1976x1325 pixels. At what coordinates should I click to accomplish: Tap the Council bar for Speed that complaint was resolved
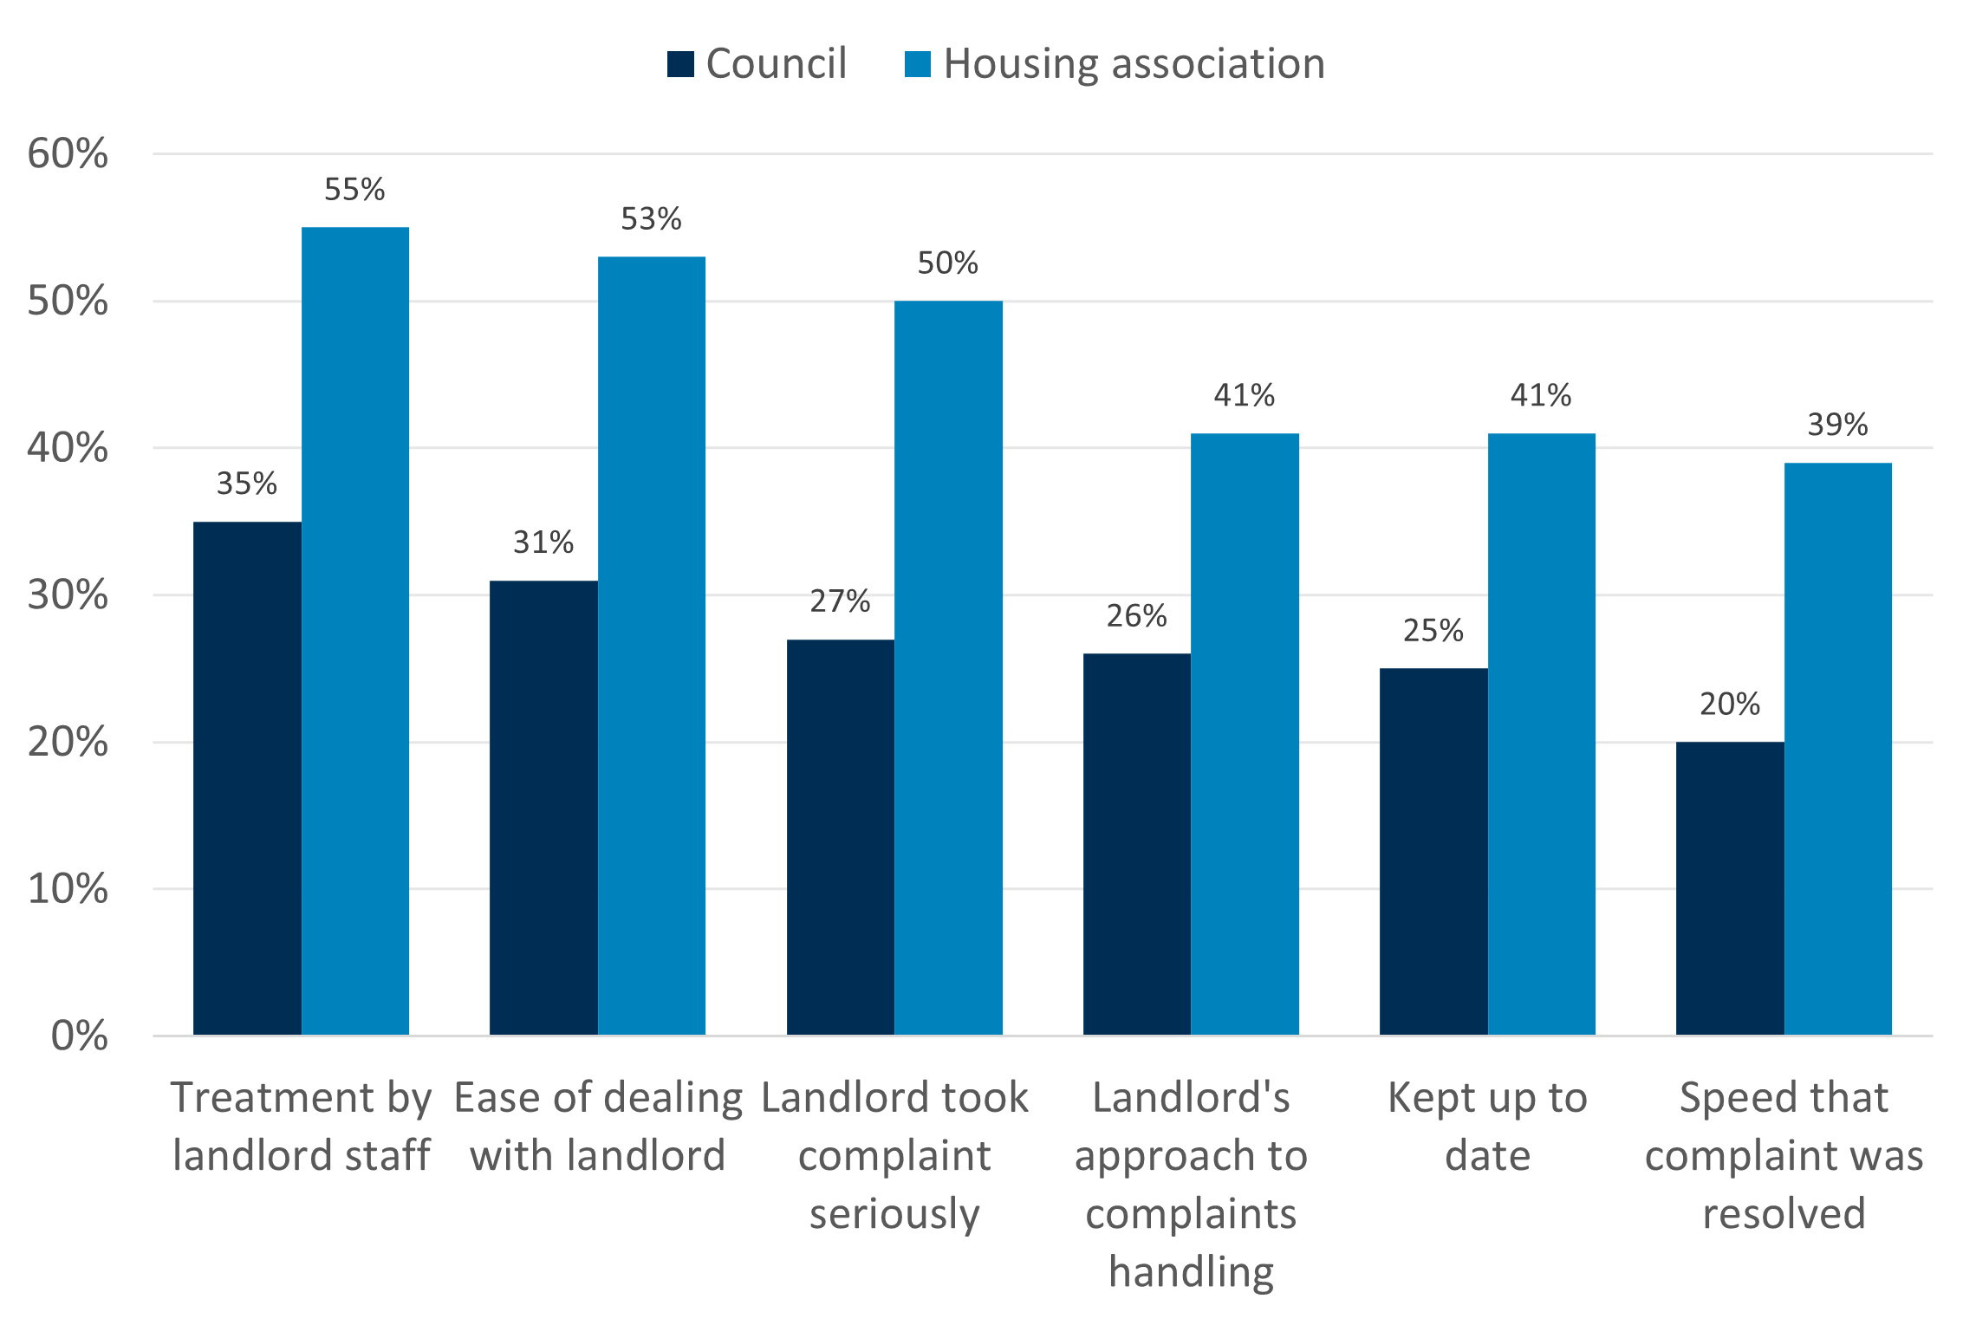[x=1730, y=888]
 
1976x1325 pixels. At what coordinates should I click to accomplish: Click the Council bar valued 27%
[x=840, y=837]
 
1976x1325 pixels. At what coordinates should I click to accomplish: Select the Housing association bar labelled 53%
[x=652, y=646]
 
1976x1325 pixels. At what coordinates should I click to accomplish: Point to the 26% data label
[x=1136, y=616]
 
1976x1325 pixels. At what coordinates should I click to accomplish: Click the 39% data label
[x=1837, y=425]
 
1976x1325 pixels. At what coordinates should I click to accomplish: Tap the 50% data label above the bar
[x=947, y=263]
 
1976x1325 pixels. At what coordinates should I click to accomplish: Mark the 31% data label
[x=543, y=542]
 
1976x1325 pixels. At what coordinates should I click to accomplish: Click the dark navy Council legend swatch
[x=680, y=64]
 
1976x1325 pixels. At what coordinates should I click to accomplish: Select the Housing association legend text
[x=1134, y=64]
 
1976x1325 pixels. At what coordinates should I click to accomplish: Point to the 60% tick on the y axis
[x=68, y=154]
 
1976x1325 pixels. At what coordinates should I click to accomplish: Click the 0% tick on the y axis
[x=79, y=1036]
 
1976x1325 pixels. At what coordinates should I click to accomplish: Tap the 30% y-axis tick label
[x=68, y=595]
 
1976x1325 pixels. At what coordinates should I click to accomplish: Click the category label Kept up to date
[x=1487, y=1126]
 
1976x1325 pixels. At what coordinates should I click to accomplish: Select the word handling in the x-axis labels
[x=1191, y=1272]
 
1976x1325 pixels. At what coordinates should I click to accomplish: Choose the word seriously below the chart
[x=894, y=1214]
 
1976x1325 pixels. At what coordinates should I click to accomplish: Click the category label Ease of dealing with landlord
[x=598, y=1126]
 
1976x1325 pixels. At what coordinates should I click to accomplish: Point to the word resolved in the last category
[x=1784, y=1213]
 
